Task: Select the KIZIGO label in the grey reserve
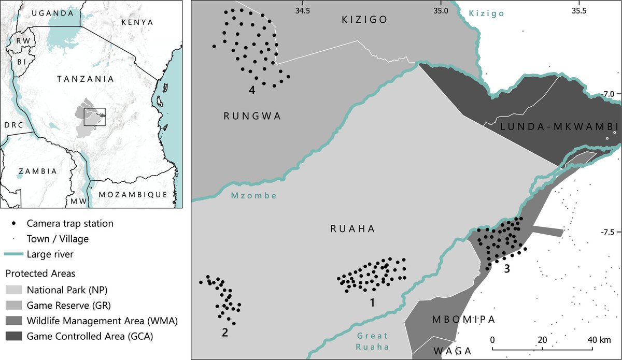pos(364,20)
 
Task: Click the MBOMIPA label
pos(464,319)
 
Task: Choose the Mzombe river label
pos(253,196)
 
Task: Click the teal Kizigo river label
pos(487,14)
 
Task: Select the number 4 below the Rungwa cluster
pos(251,90)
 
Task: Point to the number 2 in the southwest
pos(225,333)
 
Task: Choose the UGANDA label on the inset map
pos(53,13)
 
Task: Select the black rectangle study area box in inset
pos(95,117)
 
